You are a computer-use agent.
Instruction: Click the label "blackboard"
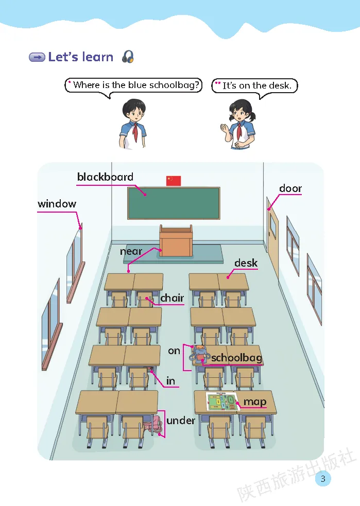click(105, 177)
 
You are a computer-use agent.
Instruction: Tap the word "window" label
click(57, 204)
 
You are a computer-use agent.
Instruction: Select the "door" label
click(290, 188)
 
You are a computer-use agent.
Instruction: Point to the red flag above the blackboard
click(174, 180)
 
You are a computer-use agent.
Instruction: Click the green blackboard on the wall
click(174, 203)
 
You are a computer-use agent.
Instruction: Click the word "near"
click(131, 251)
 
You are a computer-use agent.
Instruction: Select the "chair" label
click(172, 298)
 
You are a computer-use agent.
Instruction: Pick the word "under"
click(181, 421)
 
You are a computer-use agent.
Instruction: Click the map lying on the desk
click(221, 402)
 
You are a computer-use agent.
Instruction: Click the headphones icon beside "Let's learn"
click(128, 57)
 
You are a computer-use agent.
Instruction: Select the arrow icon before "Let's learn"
click(37, 57)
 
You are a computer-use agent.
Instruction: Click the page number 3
click(323, 479)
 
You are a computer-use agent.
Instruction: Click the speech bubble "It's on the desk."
click(255, 85)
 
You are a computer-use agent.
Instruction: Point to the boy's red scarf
click(135, 132)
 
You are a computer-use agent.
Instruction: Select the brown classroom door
click(273, 237)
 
